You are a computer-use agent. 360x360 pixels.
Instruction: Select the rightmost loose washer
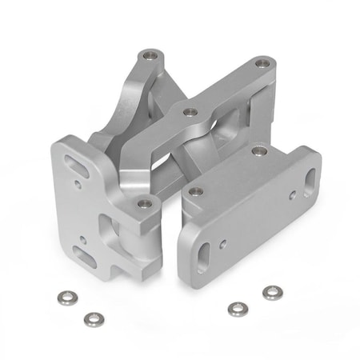[x=272, y=293]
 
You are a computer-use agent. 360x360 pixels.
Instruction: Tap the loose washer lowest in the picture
[x=94, y=319]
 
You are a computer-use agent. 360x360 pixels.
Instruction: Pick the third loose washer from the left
[x=236, y=308]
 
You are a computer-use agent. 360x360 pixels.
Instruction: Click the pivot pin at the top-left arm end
[x=148, y=57]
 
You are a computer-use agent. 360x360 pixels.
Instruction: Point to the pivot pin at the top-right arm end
[x=262, y=62]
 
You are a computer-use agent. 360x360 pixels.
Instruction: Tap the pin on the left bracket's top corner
[x=144, y=203]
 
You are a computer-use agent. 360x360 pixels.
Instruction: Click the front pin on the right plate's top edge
[x=193, y=191]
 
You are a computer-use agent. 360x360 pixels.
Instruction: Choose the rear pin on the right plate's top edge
[x=257, y=150]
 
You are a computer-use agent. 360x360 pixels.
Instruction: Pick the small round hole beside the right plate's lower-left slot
[x=226, y=240]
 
